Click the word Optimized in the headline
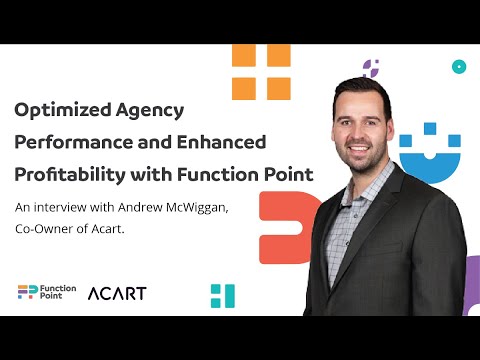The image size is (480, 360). pyautogui.click(x=60, y=109)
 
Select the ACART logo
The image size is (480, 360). pyautogui.click(x=116, y=293)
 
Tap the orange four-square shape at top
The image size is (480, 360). pyautogui.click(x=260, y=72)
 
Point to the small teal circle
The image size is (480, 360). pyautogui.click(x=459, y=67)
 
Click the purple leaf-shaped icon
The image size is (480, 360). pyautogui.click(x=371, y=68)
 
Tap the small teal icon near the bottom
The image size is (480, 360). pyautogui.click(x=222, y=295)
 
